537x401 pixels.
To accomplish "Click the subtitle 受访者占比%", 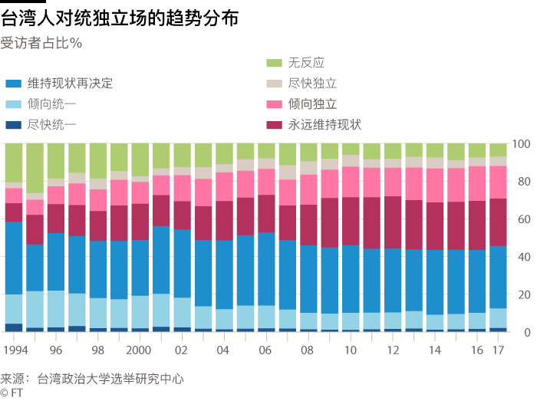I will click(x=41, y=43).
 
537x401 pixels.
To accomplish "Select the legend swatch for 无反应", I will click(x=274, y=63).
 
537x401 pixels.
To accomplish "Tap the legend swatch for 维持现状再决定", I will click(x=13, y=84).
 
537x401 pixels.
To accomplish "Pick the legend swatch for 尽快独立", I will click(x=274, y=84).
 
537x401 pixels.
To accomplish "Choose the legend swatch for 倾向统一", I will click(x=13, y=104).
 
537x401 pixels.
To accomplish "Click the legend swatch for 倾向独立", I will click(x=274, y=104).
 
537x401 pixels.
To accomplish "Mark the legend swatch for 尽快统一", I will click(x=13, y=125).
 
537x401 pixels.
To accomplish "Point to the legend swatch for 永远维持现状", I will click(x=274, y=125).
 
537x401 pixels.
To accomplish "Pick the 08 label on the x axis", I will click(x=308, y=350).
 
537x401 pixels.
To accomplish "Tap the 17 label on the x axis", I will click(x=498, y=350).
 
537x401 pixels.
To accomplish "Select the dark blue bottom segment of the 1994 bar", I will click(x=14, y=328).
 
